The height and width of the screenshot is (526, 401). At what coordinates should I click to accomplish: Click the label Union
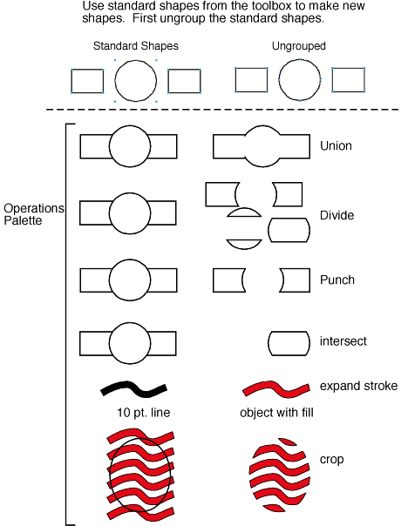[336, 146]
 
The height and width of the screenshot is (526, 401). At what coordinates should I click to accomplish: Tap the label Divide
[336, 215]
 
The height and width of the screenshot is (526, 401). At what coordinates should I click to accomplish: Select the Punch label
[337, 280]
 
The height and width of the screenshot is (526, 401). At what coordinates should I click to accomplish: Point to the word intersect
[343, 341]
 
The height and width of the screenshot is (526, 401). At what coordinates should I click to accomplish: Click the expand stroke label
[358, 386]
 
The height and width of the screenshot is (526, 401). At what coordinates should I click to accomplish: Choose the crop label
[332, 460]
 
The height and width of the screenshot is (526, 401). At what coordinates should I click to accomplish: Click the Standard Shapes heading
[136, 46]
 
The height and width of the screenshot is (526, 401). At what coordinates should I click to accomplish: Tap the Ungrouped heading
[298, 46]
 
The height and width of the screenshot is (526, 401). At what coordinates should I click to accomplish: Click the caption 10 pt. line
[144, 413]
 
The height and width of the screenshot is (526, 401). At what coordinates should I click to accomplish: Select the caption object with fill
[276, 413]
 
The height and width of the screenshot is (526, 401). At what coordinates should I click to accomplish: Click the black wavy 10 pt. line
[133, 388]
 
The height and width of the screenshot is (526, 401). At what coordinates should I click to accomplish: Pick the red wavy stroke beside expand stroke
[276, 388]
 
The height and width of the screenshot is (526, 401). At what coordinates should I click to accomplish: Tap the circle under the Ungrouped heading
[300, 60]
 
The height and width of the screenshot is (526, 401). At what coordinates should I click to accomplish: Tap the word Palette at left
[23, 220]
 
